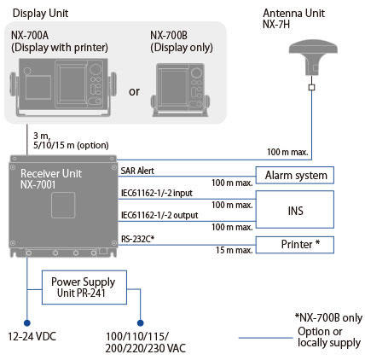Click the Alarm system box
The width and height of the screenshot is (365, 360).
(x=295, y=175)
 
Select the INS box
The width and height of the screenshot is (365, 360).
(x=295, y=210)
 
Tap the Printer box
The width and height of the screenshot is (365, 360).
(x=295, y=245)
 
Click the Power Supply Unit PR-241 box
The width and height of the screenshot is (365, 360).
(x=84, y=287)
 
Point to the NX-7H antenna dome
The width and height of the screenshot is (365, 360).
(x=313, y=55)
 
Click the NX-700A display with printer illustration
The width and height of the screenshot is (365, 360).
(x=63, y=87)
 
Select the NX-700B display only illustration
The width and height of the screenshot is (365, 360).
(x=180, y=90)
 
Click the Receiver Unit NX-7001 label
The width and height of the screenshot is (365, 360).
(x=51, y=179)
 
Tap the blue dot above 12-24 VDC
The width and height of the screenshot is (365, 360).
(x=27, y=323)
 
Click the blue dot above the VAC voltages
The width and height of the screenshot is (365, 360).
(x=140, y=323)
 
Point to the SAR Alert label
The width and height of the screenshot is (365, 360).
(x=137, y=171)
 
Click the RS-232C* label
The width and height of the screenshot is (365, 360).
(x=137, y=239)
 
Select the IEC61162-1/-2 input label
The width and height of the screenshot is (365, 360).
(x=157, y=193)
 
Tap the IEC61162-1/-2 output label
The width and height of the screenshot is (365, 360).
(x=159, y=215)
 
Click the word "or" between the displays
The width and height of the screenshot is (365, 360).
(x=134, y=91)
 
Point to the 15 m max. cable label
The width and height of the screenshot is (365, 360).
(x=234, y=250)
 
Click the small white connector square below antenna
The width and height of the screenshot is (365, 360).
(x=312, y=87)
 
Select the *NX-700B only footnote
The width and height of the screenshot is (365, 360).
(x=328, y=317)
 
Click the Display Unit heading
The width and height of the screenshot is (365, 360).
(x=40, y=14)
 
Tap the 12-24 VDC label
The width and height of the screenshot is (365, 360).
(x=32, y=337)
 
